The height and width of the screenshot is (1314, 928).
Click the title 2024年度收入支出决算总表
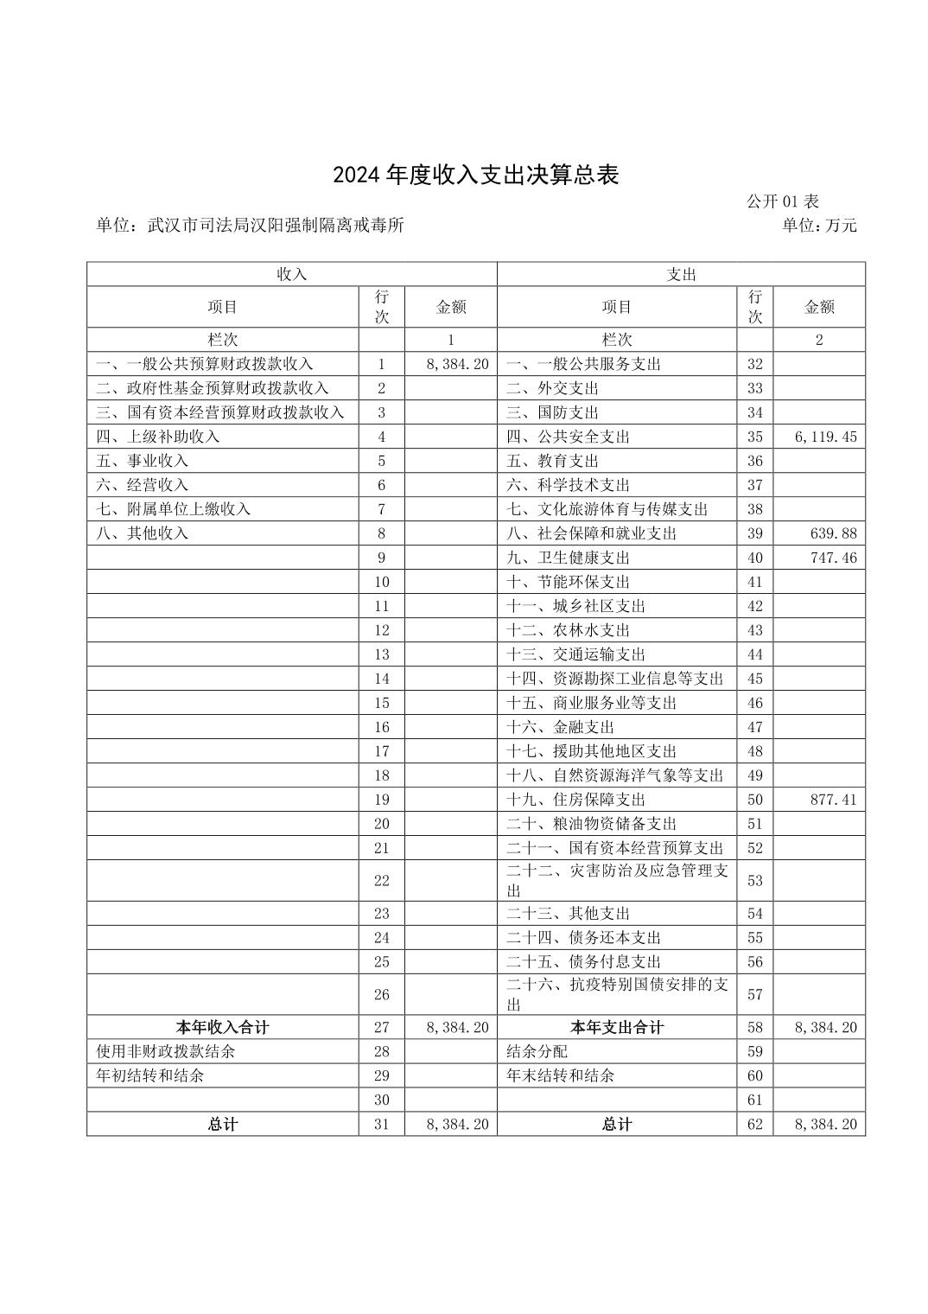tap(476, 175)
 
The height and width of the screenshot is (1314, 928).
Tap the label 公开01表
tap(782, 202)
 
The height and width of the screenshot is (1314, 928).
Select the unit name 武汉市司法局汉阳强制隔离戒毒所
tap(276, 226)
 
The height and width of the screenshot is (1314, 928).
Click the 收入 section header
tap(292, 274)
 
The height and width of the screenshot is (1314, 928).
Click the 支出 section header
tap(681, 274)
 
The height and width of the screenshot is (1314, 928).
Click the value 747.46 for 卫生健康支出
tap(834, 558)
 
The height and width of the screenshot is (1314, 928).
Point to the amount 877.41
tap(834, 800)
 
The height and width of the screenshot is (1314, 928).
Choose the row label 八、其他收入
tap(143, 533)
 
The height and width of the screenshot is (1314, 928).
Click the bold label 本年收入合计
tap(222, 1027)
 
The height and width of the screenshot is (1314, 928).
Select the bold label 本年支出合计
tap(617, 1027)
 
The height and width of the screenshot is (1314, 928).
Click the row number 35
tap(755, 437)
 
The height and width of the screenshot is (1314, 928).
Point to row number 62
tap(755, 1124)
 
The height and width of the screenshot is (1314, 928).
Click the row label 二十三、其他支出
tap(568, 913)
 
